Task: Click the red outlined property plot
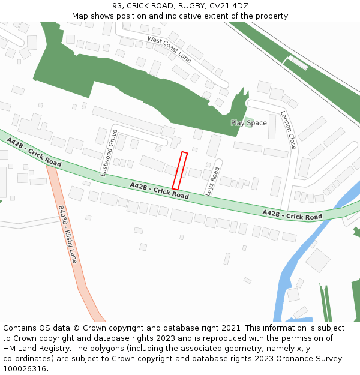point(180,171)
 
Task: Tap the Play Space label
point(248,123)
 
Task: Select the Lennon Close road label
point(288,130)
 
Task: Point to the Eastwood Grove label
point(109,152)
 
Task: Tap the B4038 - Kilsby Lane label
point(68,235)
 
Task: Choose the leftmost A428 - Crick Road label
point(34,152)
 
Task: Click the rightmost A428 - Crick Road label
point(292,215)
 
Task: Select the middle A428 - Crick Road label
point(159,191)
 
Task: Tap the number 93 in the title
point(117,5)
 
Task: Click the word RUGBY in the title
point(191,5)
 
